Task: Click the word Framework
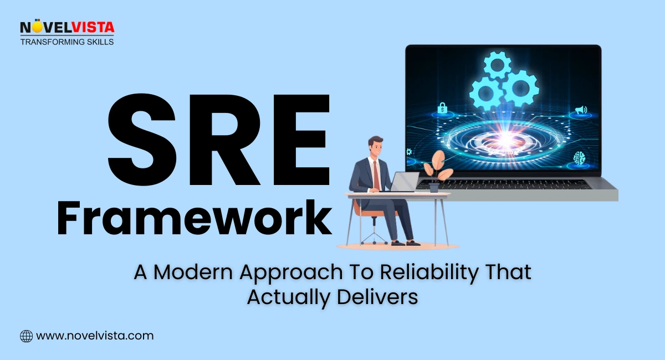click(x=194, y=220)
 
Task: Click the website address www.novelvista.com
click(x=94, y=336)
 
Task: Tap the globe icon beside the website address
click(x=26, y=336)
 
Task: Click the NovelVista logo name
click(x=66, y=27)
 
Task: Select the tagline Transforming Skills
click(x=66, y=42)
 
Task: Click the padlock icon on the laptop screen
click(x=442, y=109)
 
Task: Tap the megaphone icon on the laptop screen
click(x=580, y=110)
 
